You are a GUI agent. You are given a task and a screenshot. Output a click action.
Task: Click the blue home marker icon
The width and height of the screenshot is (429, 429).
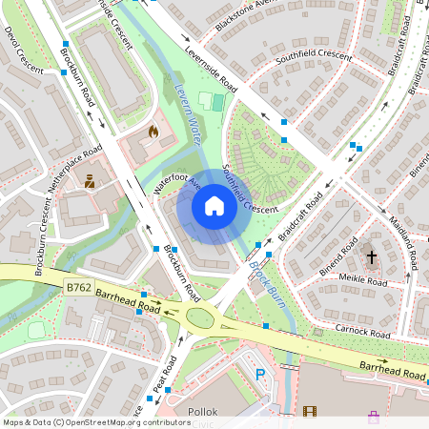[214, 206]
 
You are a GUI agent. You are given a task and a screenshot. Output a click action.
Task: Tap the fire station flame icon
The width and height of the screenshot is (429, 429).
[153, 132]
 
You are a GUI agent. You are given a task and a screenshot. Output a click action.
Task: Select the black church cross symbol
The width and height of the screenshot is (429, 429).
[372, 257]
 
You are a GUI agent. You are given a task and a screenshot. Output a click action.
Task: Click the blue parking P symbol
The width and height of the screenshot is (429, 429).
[261, 376]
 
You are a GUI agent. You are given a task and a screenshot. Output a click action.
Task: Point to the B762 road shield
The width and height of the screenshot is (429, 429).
[79, 286]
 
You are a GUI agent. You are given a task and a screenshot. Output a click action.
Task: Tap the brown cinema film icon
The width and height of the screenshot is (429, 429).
[309, 411]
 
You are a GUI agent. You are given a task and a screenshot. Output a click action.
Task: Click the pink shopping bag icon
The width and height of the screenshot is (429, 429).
[373, 417]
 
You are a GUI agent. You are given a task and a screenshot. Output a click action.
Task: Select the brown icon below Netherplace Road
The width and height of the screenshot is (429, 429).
[90, 180]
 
